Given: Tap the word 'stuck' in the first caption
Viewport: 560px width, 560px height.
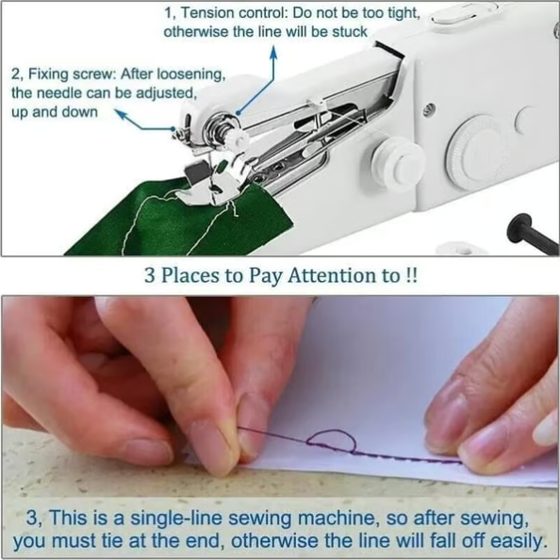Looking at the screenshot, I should click(346, 32).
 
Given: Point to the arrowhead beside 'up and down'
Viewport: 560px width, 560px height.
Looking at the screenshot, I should click(120, 113).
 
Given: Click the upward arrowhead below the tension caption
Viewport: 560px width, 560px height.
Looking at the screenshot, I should click(273, 55).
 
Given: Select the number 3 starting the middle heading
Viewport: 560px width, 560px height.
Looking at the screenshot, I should click(149, 277).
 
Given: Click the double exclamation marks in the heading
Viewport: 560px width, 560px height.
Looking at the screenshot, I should click(412, 277).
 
